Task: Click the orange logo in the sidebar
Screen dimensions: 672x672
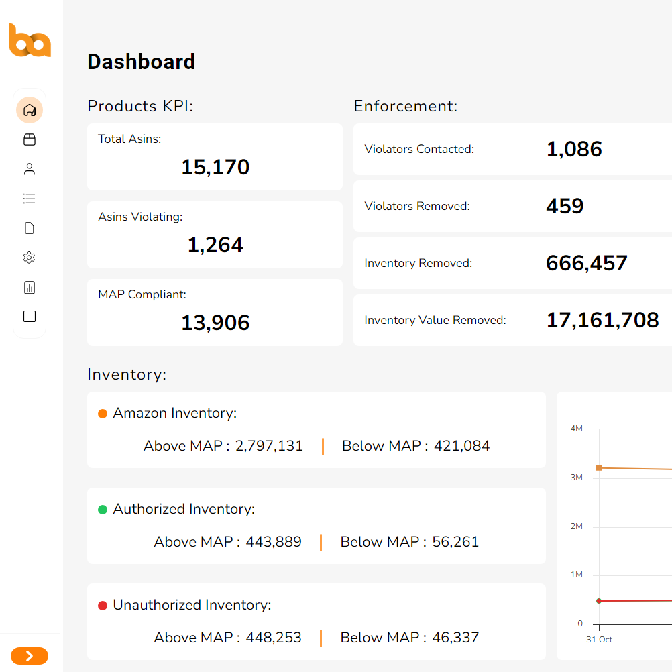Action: click(30, 40)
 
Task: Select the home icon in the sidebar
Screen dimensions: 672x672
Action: click(30, 110)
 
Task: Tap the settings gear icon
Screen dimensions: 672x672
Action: click(30, 258)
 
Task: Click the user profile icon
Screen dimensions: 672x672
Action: click(30, 169)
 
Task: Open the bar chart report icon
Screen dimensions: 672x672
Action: click(30, 288)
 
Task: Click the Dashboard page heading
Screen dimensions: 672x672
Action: click(142, 62)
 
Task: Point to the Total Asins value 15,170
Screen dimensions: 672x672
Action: click(215, 167)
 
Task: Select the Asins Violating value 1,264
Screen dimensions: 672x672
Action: click(215, 245)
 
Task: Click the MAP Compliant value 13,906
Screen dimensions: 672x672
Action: click(215, 323)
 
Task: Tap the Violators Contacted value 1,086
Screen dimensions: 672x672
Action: click(574, 149)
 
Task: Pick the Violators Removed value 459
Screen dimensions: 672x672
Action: click(565, 206)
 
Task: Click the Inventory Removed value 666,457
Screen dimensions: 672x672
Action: click(587, 263)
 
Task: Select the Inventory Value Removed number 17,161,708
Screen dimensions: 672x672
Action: click(602, 320)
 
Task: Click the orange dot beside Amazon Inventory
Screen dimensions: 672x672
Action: click(103, 414)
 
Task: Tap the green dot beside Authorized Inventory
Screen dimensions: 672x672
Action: click(103, 510)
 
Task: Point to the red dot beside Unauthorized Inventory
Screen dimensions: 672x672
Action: click(103, 606)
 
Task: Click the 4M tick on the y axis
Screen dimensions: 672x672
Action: click(576, 429)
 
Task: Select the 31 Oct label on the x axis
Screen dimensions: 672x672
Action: click(599, 640)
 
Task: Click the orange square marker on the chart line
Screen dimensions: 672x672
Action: click(599, 468)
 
